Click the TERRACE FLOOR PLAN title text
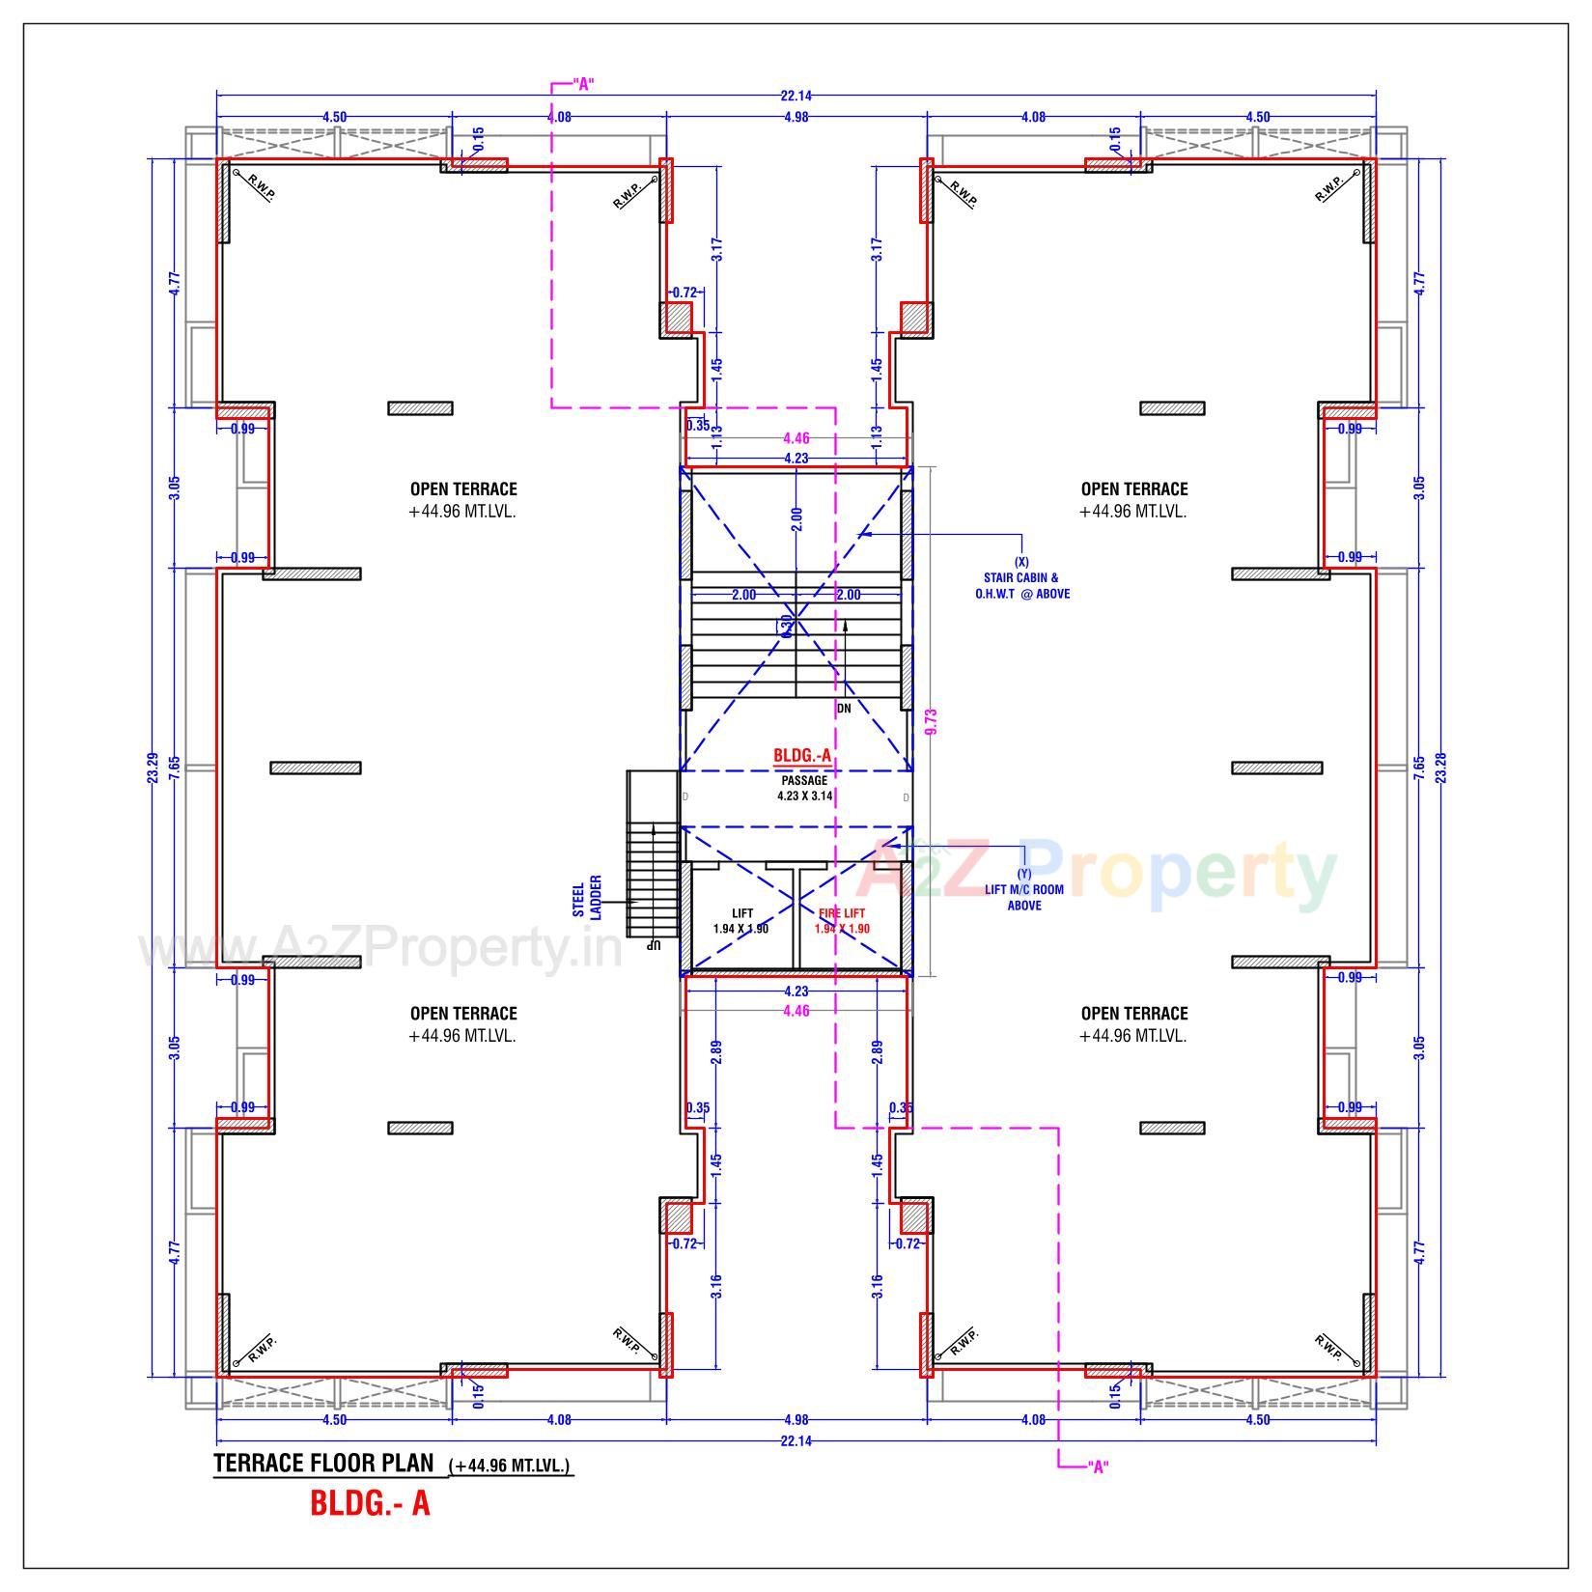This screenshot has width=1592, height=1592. click(x=323, y=1463)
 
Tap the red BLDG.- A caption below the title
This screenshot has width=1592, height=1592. click(x=370, y=1503)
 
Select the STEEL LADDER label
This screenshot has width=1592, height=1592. click(x=587, y=897)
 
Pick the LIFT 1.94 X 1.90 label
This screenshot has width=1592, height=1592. click(x=741, y=920)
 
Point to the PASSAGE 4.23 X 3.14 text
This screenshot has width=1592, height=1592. click(x=804, y=788)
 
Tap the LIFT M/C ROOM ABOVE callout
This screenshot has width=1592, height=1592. click(x=1023, y=890)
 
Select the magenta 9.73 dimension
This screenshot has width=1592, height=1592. click(x=932, y=721)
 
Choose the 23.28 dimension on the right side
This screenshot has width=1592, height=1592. click(x=1441, y=767)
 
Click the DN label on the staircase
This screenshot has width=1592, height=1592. click(x=844, y=708)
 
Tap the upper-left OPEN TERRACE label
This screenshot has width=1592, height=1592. click(x=462, y=489)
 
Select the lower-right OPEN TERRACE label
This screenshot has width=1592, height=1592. click(x=1133, y=1014)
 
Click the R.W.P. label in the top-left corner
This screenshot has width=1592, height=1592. click(x=261, y=187)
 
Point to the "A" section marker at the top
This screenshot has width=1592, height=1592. click(x=582, y=84)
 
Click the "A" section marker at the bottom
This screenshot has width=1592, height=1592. click(x=1097, y=1467)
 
